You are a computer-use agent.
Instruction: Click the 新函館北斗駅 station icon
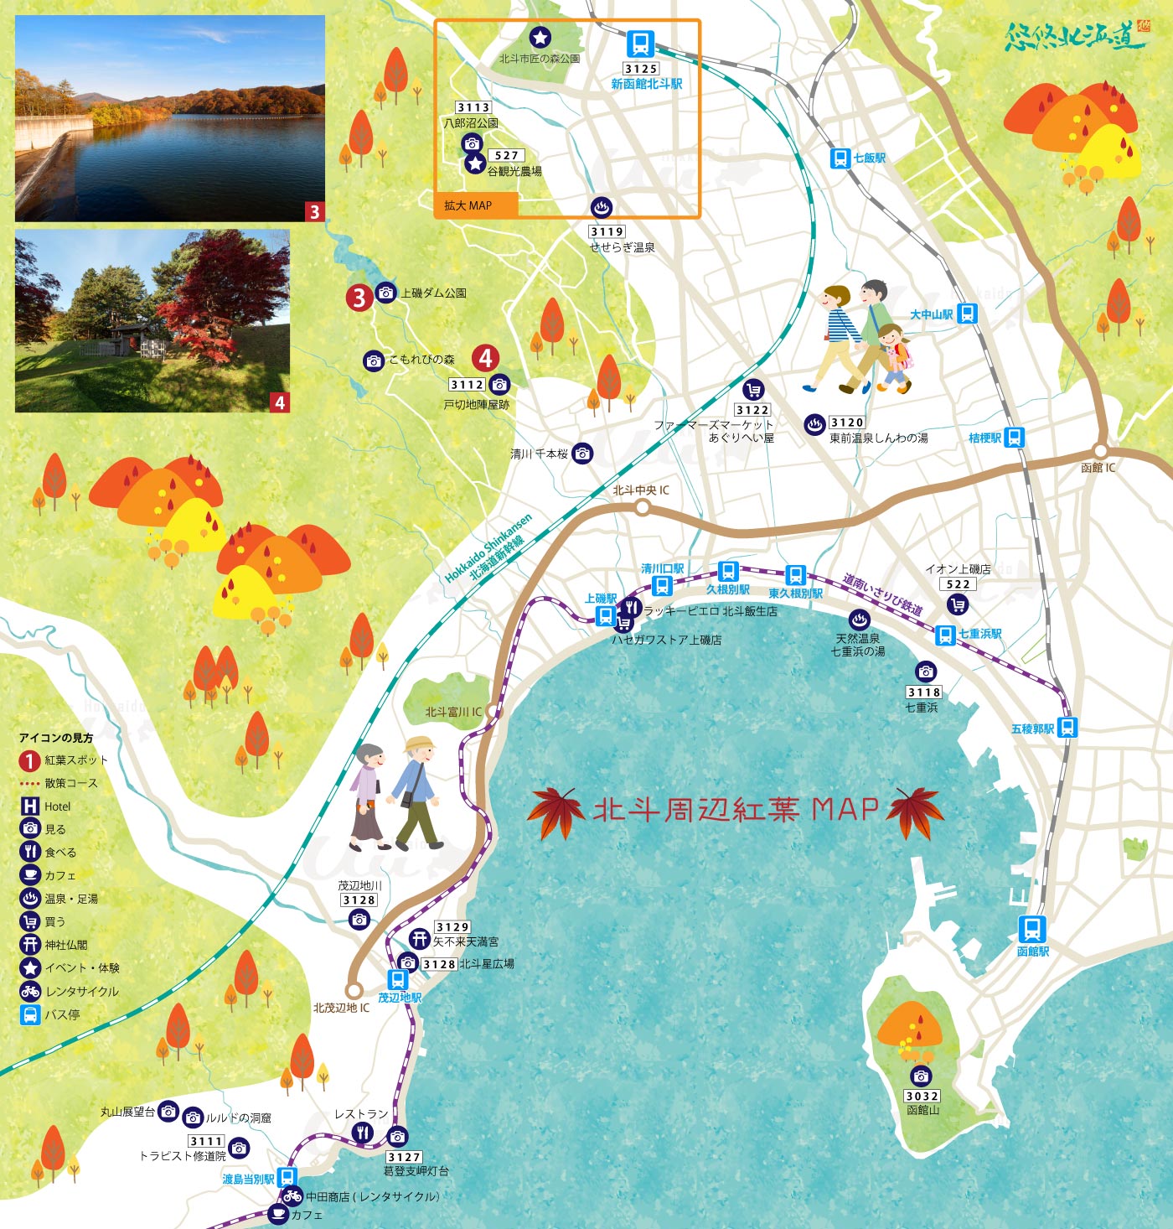tap(640, 44)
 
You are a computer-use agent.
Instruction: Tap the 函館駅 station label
tap(1032, 952)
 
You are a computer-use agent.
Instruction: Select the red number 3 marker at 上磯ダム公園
tap(359, 297)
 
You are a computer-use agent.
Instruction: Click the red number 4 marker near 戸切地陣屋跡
tap(485, 358)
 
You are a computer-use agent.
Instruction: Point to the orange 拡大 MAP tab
tap(476, 205)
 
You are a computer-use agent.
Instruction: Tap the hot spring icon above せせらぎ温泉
tap(601, 207)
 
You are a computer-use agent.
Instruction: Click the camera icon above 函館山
tap(922, 1076)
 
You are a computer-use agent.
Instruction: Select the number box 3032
tap(922, 1096)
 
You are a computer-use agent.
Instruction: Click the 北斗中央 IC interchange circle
tap(642, 507)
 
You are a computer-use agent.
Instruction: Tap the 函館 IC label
tap(1098, 468)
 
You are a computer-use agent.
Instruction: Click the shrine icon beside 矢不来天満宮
tap(420, 939)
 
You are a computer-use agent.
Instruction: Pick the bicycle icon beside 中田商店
tap(292, 1195)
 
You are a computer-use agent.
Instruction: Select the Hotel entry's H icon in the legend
tap(30, 806)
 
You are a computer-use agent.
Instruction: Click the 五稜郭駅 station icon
tap(1067, 727)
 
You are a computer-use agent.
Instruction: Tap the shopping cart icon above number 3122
tap(752, 390)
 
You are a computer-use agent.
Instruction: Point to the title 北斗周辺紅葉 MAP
tap(736, 810)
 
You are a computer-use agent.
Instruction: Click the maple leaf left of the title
tap(556, 811)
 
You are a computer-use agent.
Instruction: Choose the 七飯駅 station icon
tap(840, 158)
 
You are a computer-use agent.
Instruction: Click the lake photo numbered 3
tap(170, 118)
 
